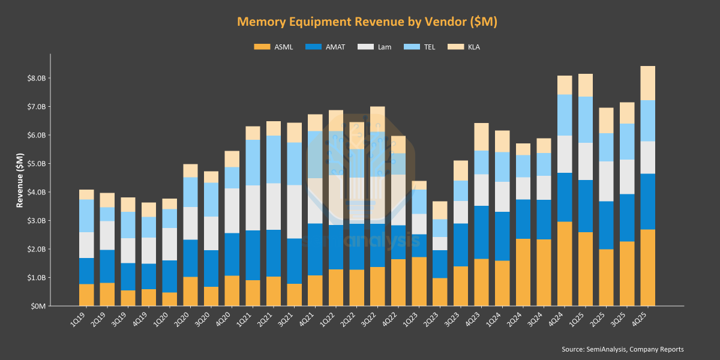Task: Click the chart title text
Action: pyautogui.click(x=367, y=22)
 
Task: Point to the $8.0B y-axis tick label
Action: pyautogui.click(x=35, y=79)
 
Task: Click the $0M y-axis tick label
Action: pyautogui.click(x=37, y=306)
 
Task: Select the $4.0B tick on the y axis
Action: pyautogui.click(x=35, y=192)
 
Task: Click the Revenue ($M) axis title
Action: pyautogui.click(x=20, y=180)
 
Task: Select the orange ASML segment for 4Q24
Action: pyautogui.click(x=565, y=264)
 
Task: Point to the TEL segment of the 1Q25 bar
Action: pyautogui.click(x=586, y=119)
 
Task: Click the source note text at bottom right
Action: pyautogui.click(x=622, y=349)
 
